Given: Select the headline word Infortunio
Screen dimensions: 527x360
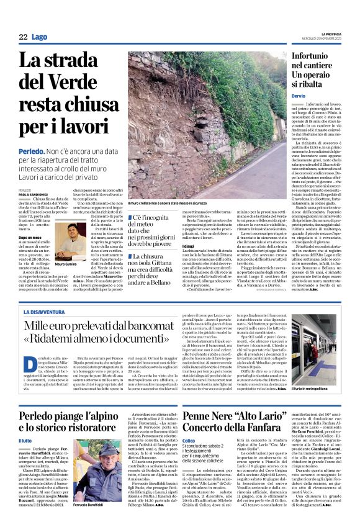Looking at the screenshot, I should coord(317,56).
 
